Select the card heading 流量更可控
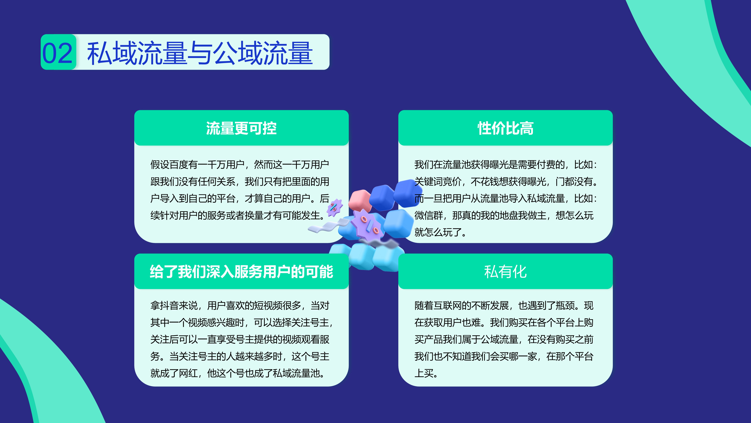241,128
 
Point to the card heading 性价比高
506,128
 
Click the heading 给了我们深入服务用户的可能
241,272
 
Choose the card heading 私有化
506,272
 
